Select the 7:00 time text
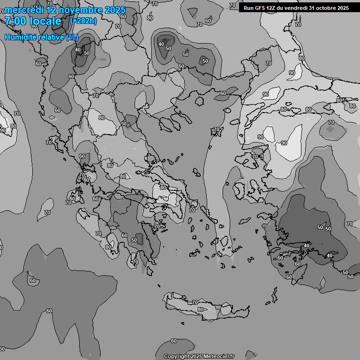(15, 21)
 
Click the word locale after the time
(45, 21)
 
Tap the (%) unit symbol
(72, 37)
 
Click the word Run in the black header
(248, 8)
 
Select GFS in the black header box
(260, 8)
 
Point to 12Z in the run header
(272, 8)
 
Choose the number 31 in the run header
(314, 8)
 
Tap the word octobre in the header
(328, 8)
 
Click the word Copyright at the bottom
(176, 356)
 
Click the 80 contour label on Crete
(201, 309)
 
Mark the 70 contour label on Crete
(195, 302)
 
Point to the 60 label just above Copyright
(174, 341)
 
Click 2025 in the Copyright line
(196, 356)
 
